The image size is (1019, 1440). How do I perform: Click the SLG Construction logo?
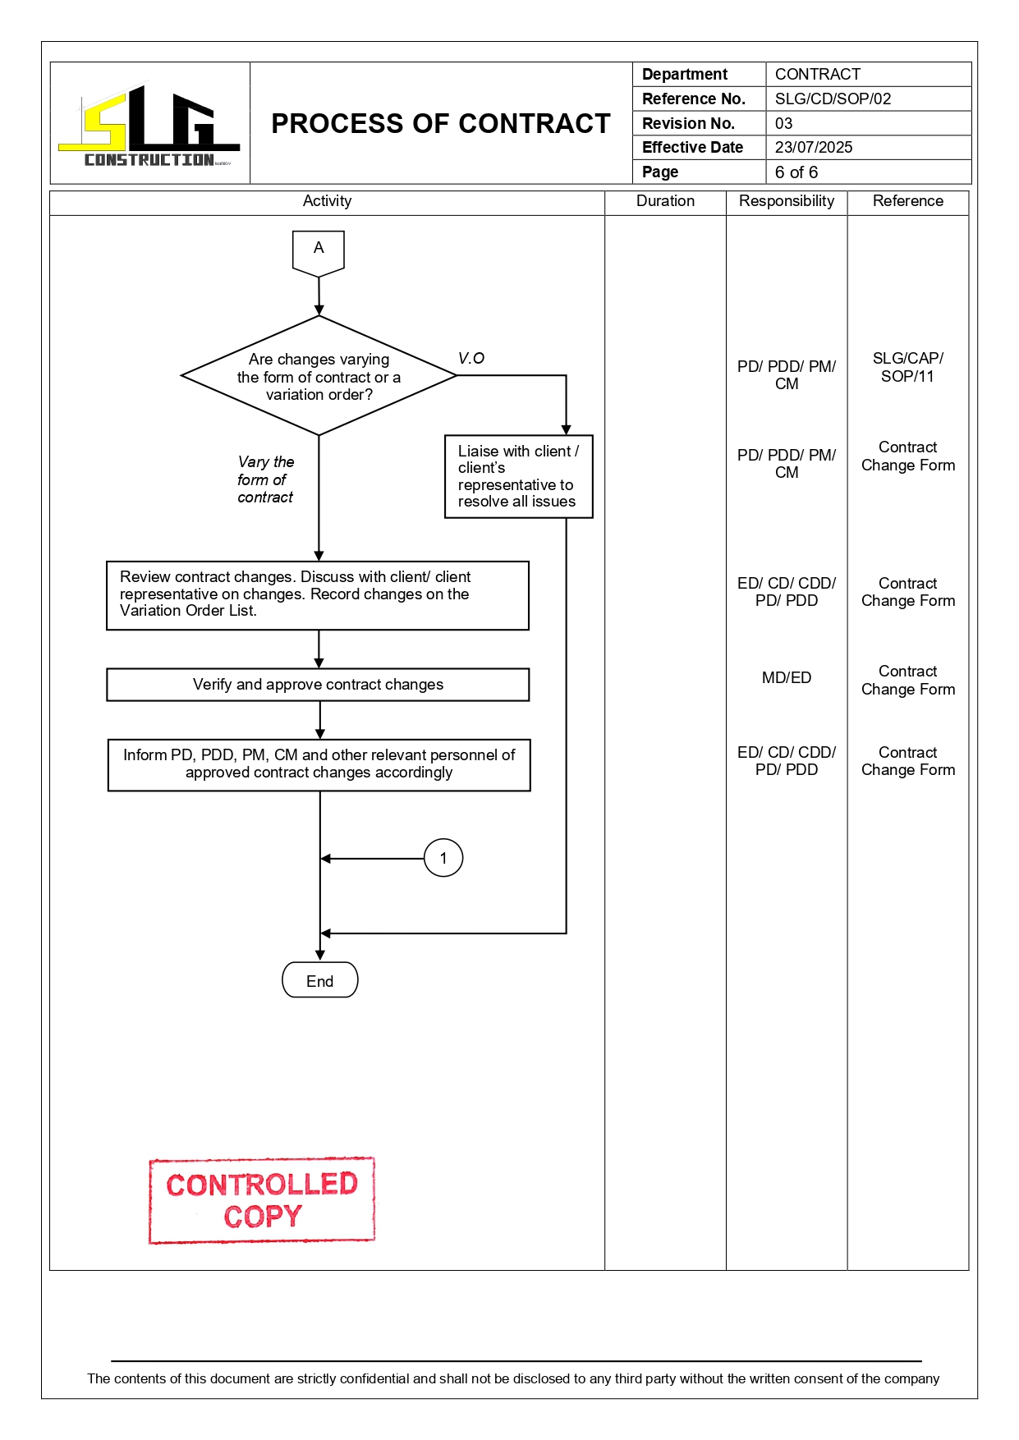(149, 125)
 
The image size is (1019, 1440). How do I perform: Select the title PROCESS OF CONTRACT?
(441, 124)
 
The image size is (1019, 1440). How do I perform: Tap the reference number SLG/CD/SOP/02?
(833, 99)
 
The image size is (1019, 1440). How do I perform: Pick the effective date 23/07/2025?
(814, 148)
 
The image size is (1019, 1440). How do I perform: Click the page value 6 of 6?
(796, 172)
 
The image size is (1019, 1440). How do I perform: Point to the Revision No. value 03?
(784, 124)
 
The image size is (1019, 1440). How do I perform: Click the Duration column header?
(665, 201)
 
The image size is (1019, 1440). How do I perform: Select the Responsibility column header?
(786, 201)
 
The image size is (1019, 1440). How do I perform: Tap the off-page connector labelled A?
(319, 250)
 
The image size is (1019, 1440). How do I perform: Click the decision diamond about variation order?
(319, 377)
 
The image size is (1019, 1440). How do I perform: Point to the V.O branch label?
(471, 359)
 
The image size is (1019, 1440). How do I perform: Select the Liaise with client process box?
(518, 476)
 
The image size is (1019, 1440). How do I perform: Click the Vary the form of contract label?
(265, 479)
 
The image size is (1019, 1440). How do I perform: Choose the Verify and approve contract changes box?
(318, 685)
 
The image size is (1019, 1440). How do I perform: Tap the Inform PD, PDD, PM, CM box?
(319, 764)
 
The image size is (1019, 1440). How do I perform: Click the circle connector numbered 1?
(443, 858)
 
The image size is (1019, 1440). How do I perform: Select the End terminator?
(319, 980)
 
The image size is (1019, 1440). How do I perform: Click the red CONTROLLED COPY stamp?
(262, 1200)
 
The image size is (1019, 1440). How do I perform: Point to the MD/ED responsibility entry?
(786, 678)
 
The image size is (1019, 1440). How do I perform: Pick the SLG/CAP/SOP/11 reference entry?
(907, 368)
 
